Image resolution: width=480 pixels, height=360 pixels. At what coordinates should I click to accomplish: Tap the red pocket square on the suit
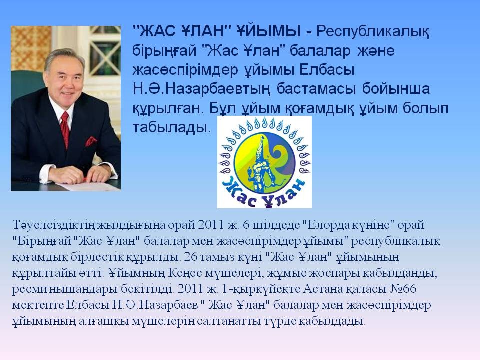click(91, 141)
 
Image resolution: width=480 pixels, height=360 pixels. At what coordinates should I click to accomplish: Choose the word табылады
click(172, 127)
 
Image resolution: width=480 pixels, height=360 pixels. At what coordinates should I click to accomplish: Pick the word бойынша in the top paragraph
click(396, 89)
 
